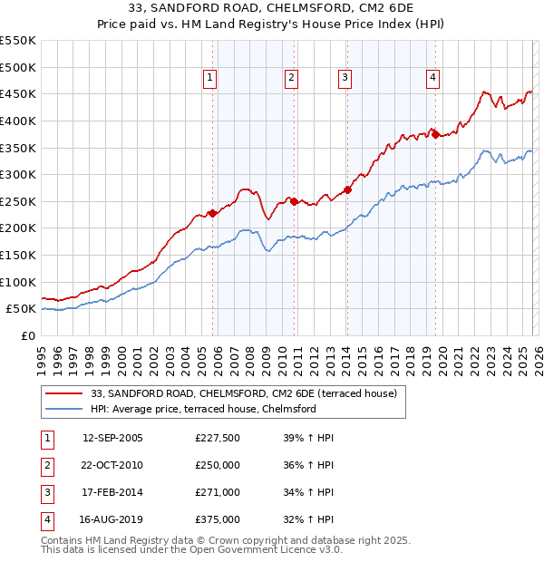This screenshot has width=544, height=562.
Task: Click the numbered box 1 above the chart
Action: point(209,79)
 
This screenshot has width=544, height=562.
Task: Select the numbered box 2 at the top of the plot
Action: point(291,79)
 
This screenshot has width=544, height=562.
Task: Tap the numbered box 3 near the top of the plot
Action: point(345,79)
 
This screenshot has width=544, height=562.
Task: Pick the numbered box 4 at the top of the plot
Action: point(433,79)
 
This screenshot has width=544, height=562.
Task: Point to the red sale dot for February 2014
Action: point(348,190)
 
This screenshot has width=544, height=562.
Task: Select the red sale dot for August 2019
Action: point(436,134)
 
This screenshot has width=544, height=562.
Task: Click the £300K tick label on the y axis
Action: point(18,174)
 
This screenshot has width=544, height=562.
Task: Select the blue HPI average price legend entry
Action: point(202,410)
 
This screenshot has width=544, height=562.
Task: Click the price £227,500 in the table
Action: point(217,438)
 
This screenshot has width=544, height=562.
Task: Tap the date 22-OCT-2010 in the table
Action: point(112,465)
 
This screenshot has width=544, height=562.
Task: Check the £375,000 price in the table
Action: point(217,519)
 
